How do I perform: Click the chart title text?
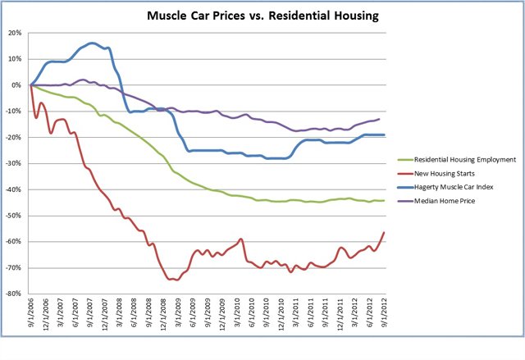(262, 15)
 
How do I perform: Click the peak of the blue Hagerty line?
(90, 43)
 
